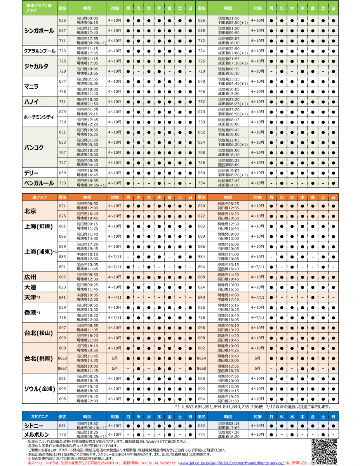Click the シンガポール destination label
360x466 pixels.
(39, 31)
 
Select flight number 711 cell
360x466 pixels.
(62, 41)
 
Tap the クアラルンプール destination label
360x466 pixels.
(39, 51)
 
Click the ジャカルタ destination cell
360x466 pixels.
(36, 66)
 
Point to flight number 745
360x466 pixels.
(62, 92)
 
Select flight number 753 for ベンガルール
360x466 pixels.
(62, 183)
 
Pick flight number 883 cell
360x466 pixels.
(62, 257)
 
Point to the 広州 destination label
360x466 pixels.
(30, 277)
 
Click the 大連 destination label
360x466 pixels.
(30, 287)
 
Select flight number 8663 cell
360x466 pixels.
(62, 358)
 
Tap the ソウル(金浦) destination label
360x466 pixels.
(39, 388)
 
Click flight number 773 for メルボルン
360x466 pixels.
(62, 435)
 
